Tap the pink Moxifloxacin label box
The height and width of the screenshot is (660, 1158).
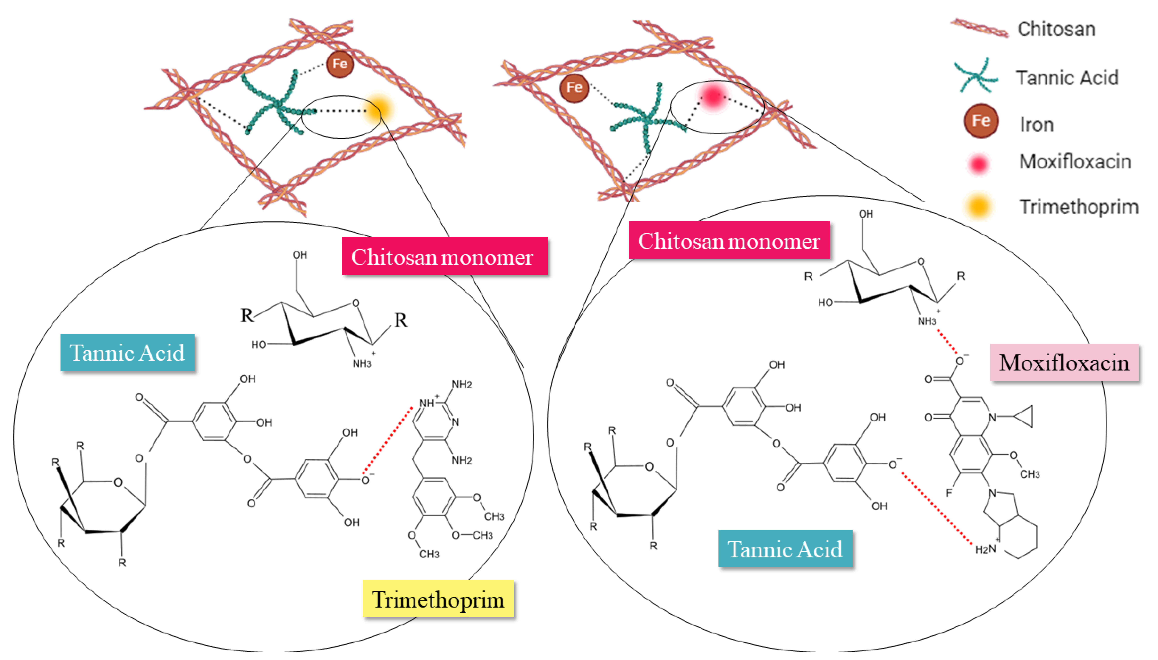click(1064, 363)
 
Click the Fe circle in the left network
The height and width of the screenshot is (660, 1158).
click(340, 64)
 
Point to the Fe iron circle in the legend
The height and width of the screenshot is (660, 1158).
click(981, 121)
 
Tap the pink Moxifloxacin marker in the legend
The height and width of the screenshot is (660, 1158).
click(978, 163)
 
